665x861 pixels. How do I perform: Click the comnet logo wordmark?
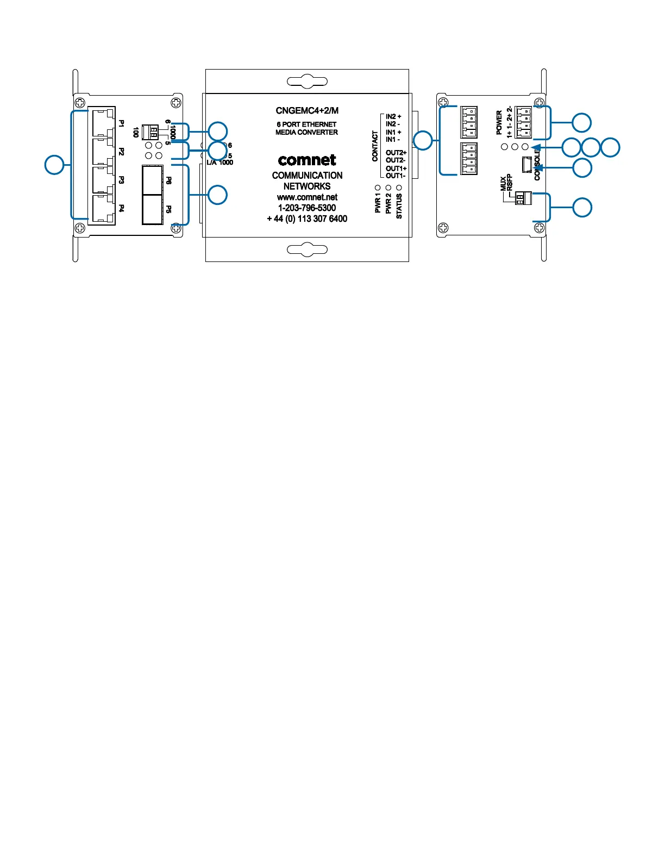pos(307,160)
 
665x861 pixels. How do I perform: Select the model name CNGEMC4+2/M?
pos(307,111)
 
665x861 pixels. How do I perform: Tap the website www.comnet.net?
pos(307,197)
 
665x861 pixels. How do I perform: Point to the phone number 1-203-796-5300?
pos(307,208)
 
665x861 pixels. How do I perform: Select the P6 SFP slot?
pos(152,180)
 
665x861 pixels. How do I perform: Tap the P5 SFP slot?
pos(152,210)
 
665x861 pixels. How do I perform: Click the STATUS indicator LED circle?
pos(399,188)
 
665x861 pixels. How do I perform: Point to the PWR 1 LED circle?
pos(378,188)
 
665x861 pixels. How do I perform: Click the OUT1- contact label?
pos(396,176)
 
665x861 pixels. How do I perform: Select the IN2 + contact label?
pos(393,116)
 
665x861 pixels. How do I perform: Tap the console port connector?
pos(526,164)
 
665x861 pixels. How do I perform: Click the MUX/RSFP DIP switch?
pos(523,199)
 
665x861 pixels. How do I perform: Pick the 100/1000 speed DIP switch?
pos(150,132)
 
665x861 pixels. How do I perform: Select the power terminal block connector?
pos(524,122)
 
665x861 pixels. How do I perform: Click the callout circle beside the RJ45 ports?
pos(54,165)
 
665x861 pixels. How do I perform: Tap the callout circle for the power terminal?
pos(582,122)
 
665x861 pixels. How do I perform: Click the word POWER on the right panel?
pos(499,123)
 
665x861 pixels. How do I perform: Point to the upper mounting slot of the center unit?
pos(307,82)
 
